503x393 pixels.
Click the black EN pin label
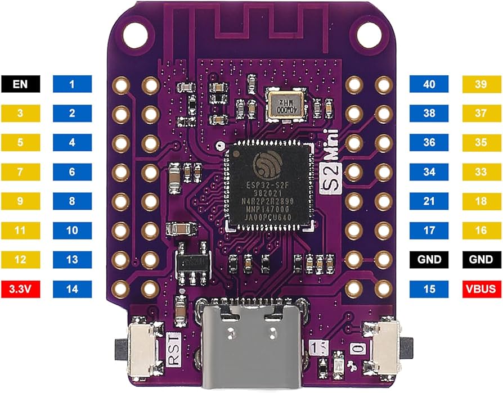20,84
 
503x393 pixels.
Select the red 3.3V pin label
20,290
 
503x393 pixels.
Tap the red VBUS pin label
481,290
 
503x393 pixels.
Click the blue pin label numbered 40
429,84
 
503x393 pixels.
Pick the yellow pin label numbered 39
481,84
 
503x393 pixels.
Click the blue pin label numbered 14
72,290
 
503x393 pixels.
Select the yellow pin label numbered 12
20,260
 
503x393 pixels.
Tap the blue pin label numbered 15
429,290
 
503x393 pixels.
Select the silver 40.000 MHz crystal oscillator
284,105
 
